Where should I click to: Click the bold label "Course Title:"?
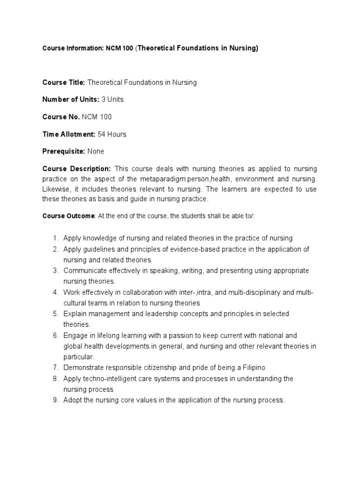tap(63, 82)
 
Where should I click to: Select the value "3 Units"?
tap(112, 99)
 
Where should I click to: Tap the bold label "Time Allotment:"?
tap(68, 134)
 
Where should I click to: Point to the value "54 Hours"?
tap(112, 134)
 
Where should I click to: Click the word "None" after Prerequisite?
tap(96, 151)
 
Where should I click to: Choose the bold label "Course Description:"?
tap(76, 169)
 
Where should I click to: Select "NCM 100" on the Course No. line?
tap(97, 117)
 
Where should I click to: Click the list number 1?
tap(55, 238)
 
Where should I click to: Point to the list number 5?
tap(55, 314)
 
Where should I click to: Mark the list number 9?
tap(55, 400)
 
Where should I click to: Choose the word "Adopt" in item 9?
tap(72, 400)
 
